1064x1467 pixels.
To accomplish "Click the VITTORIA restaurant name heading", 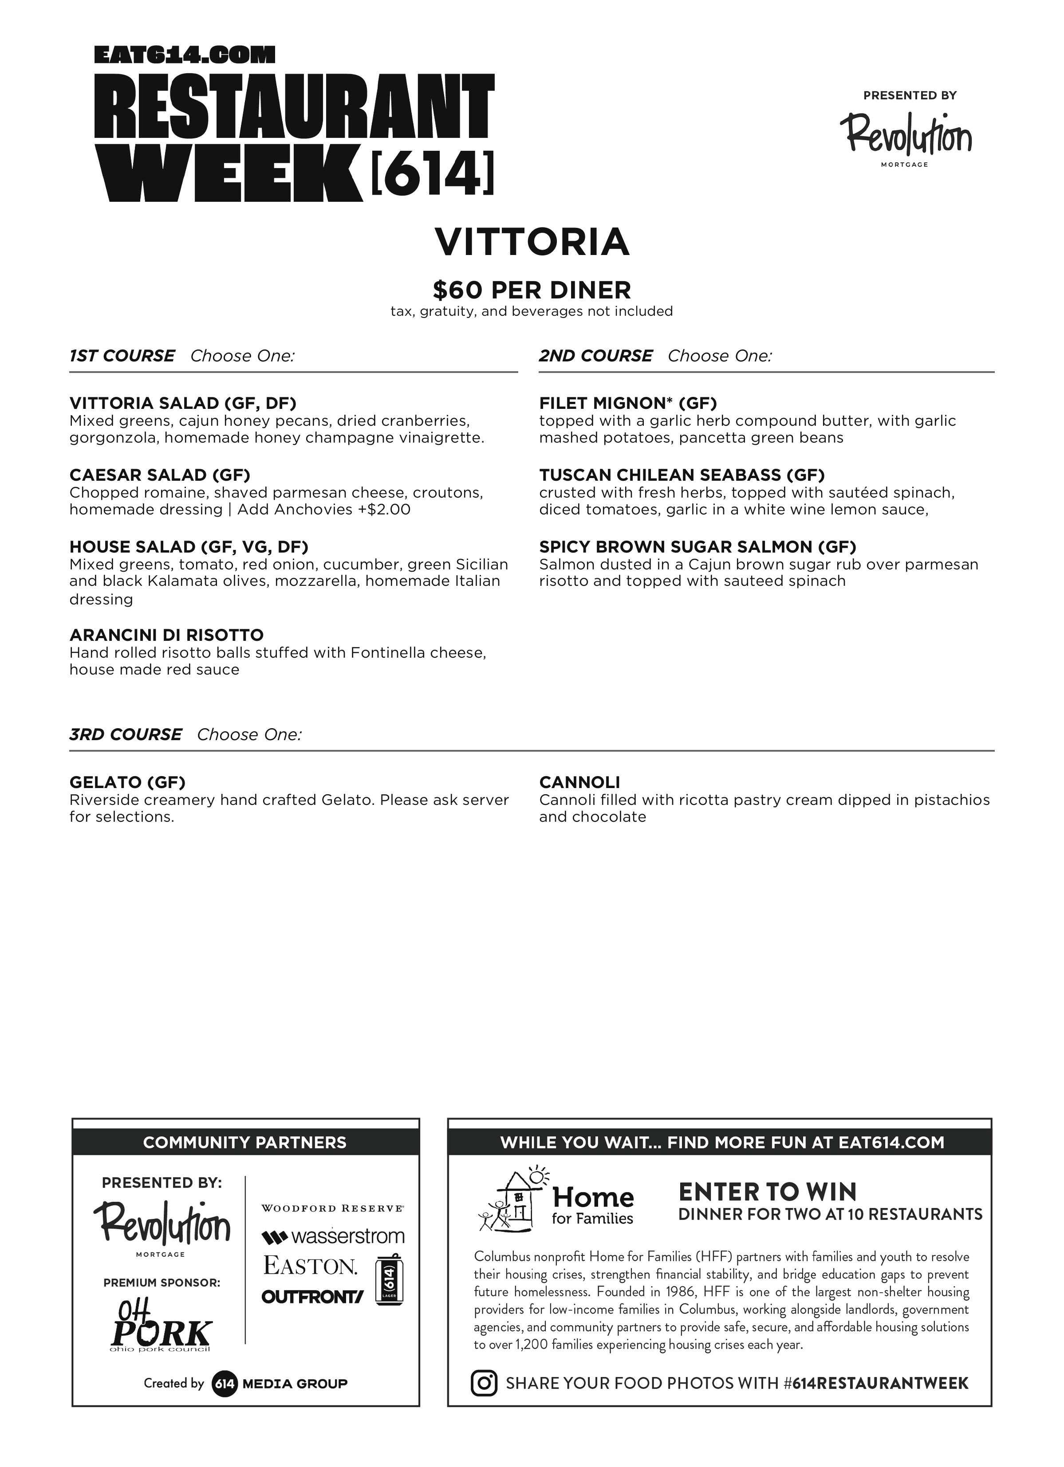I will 532,242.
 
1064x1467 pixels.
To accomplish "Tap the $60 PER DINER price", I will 532,290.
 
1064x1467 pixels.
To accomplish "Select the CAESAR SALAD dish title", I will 159,475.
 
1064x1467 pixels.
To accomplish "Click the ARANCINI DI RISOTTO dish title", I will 166,635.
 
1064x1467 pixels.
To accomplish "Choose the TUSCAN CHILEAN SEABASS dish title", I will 682,475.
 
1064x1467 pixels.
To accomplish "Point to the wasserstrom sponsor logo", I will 333,1237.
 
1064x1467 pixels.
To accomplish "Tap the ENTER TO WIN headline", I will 767,1192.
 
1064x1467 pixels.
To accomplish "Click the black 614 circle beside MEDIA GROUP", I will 224,1384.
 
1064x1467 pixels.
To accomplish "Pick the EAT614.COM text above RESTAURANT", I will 185,55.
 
